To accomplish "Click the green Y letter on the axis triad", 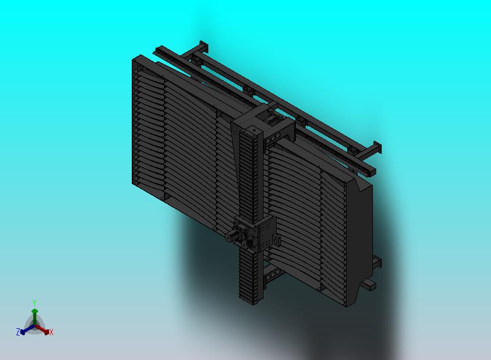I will (x=34, y=303).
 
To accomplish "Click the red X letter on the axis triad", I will (x=51, y=332).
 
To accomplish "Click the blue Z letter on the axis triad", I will (x=17, y=332).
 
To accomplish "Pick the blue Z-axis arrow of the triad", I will (x=24, y=330).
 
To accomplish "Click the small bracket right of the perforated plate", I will (x=277, y=241).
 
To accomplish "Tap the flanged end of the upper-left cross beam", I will (x=203, y=47).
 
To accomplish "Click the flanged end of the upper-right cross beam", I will (x=376, y=148).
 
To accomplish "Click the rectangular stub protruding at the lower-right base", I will (x=370, y=284).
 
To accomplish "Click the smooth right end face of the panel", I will (x=361, y=241).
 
